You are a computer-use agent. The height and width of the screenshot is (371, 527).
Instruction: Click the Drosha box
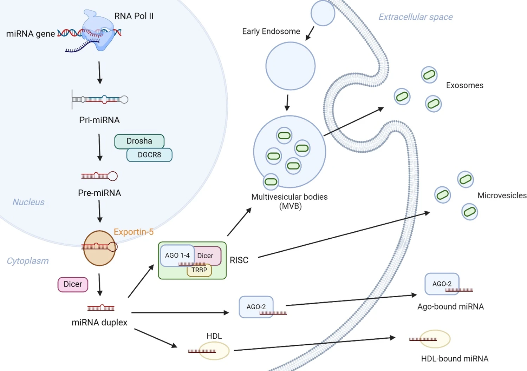tap(139, 141)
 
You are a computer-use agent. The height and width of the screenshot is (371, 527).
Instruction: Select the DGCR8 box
tap(149, 155)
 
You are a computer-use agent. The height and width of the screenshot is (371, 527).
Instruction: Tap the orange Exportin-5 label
tap(134, 232)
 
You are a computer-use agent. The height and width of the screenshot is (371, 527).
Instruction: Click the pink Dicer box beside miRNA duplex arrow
tap(73, 284)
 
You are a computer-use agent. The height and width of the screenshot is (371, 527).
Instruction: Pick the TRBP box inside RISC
tap(199, 270)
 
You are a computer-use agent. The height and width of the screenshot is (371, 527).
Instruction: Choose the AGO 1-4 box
tap(177, 255)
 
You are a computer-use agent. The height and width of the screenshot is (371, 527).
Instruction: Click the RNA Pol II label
tap(134, 16)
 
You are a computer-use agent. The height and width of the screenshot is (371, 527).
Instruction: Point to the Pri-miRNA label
tap(99, 120)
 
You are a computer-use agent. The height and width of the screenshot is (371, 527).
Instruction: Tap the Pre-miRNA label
tap(99, 193)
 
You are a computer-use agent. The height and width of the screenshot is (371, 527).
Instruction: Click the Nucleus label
tap(28, 202)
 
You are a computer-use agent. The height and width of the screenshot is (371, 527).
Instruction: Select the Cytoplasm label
tap(28, 261)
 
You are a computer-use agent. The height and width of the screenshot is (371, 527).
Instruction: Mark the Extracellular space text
tap(415, 17)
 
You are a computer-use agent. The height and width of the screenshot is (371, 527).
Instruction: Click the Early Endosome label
tap(271, 31)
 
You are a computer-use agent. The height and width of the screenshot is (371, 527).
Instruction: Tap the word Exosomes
tap(464, 85)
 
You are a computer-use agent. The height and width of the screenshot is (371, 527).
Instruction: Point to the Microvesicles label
tap(502, 196)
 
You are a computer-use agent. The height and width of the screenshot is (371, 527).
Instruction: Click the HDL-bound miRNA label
tap(455, 359)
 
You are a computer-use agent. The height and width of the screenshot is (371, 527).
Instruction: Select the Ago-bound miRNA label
tap(450, 306)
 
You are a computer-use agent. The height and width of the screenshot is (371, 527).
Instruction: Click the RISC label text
tap(239, 260)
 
